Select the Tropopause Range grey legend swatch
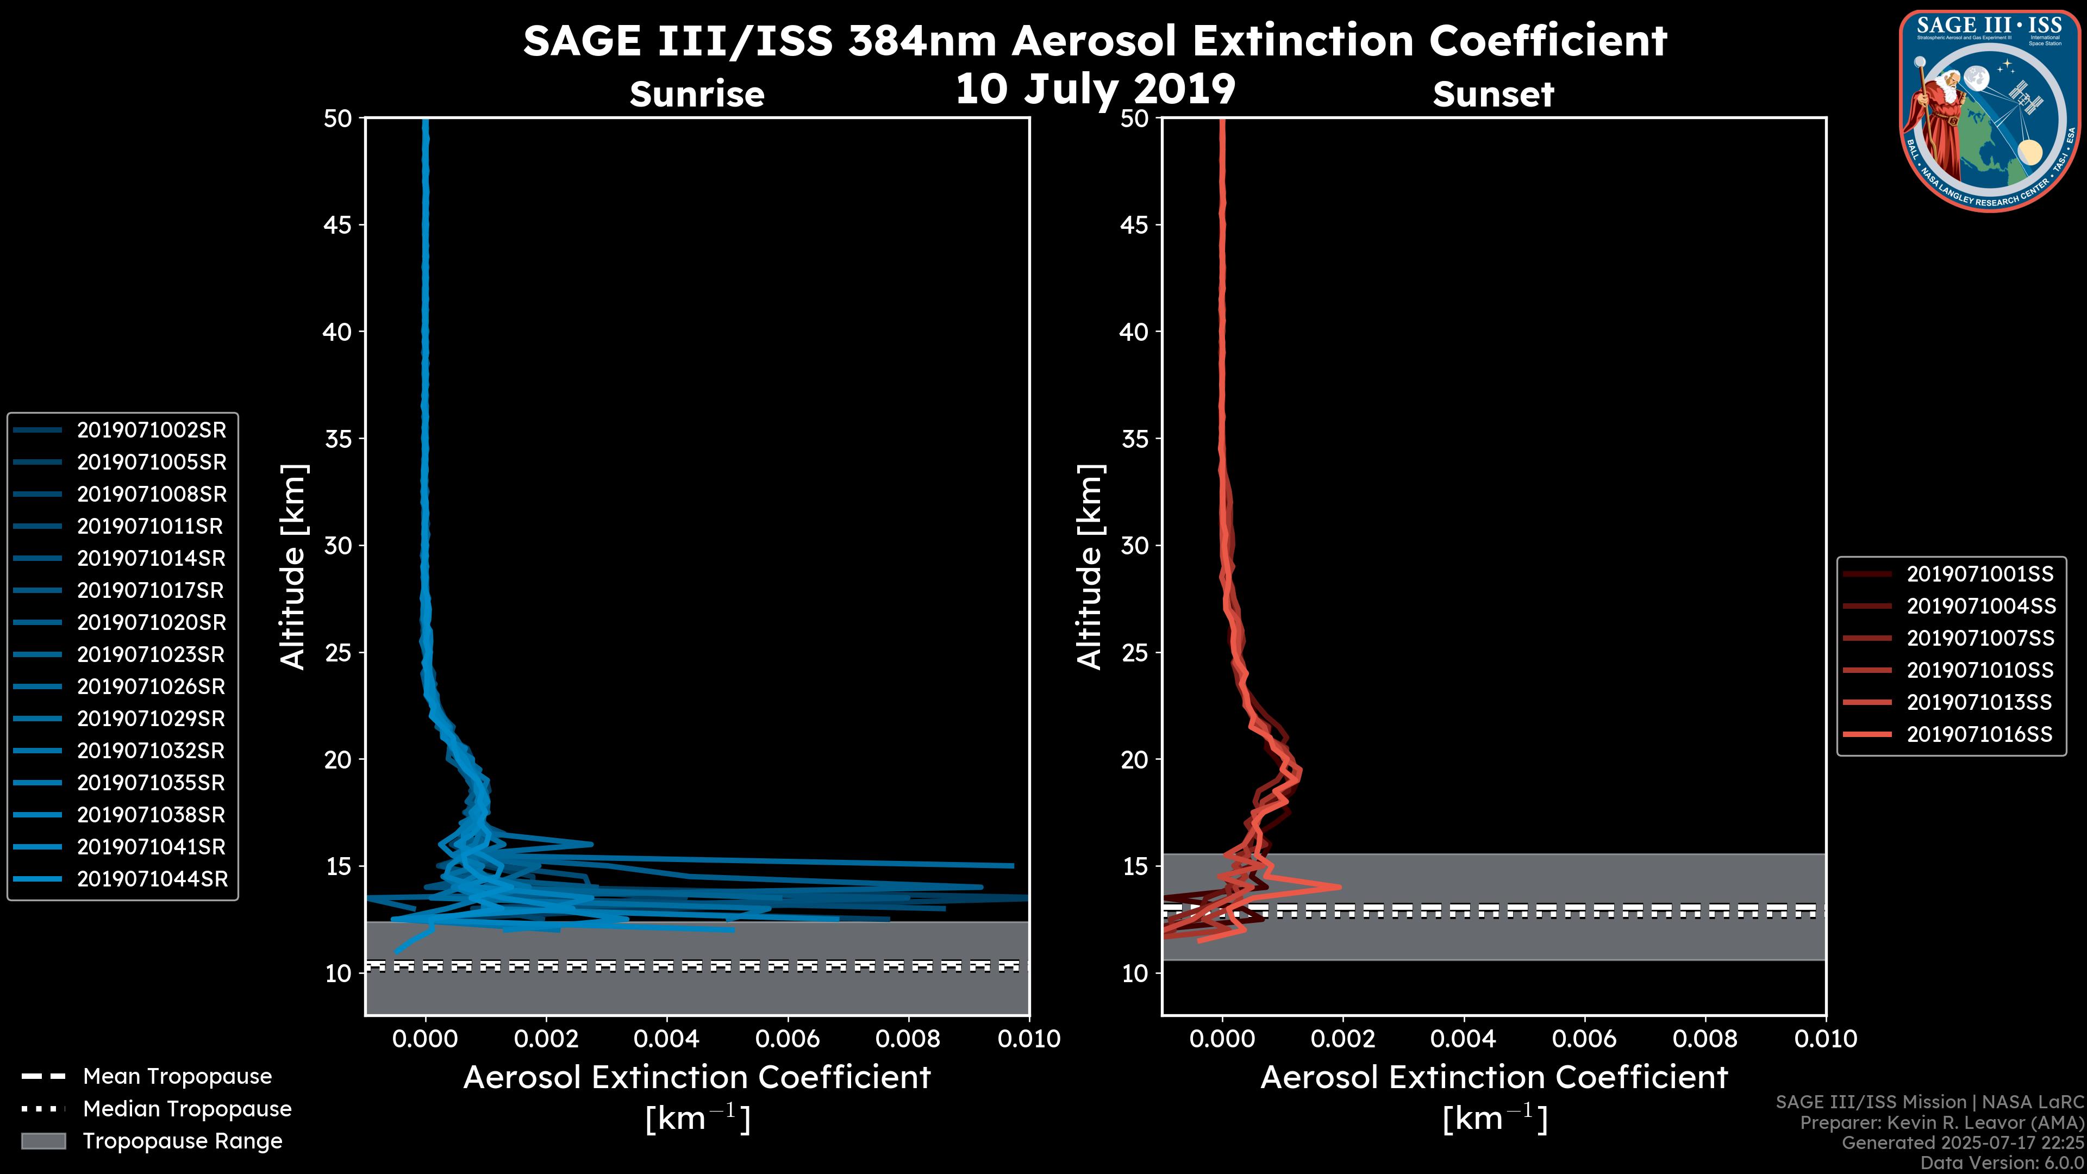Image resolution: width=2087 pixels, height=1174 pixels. [43, 1141]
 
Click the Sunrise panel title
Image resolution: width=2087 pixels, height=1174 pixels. [697, 95]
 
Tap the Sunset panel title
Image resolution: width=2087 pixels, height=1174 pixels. [1493, 95]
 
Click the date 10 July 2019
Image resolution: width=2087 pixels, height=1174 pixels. [1095, 89]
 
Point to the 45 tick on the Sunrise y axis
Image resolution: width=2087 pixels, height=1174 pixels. [338, 225]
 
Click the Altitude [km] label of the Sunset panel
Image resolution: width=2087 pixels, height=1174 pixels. [1090, 567]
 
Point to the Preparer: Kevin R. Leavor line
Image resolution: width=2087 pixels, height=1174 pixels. [1942, 1123]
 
